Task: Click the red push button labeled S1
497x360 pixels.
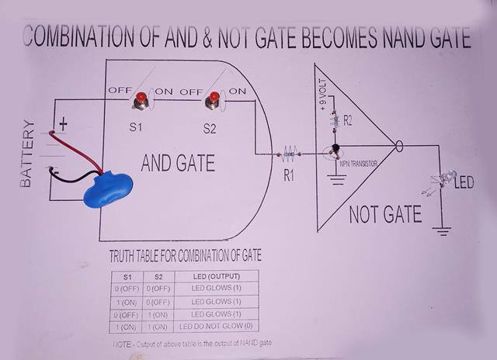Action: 142,101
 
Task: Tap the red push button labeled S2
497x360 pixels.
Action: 211,100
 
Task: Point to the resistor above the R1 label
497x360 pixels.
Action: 291,152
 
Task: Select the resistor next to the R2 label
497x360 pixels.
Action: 335,120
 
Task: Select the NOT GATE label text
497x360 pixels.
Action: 385,214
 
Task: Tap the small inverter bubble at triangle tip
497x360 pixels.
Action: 399,145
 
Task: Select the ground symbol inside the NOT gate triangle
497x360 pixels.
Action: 336,181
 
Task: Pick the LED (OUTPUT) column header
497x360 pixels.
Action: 215,277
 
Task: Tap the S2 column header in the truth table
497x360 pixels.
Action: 158,277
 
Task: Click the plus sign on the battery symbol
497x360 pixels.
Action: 64,123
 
